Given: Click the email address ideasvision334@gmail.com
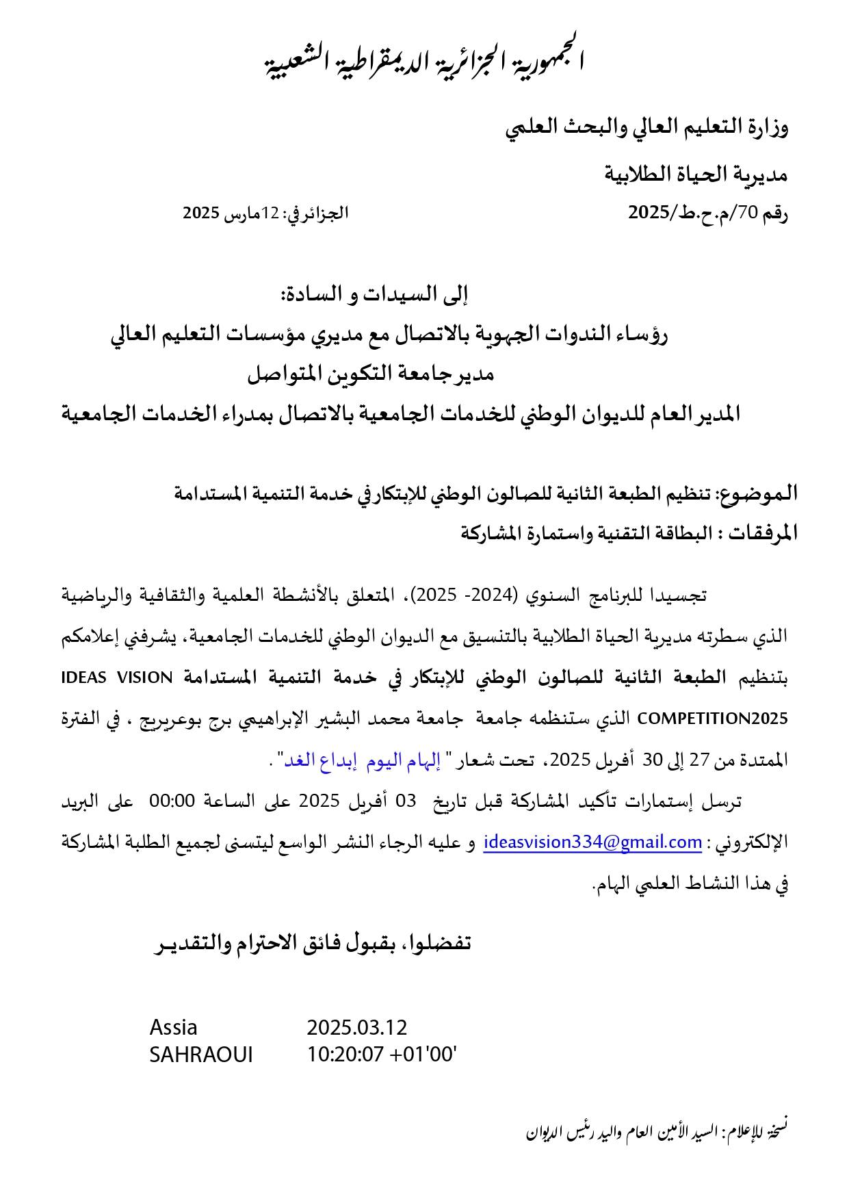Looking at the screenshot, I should [592, 842].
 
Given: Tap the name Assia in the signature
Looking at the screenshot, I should [174, 1027].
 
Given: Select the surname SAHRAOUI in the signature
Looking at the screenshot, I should [201, 1055].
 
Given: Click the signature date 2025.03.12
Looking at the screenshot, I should [356, 1027].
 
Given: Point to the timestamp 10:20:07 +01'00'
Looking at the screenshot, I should [382, 1055].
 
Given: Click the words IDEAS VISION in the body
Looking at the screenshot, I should [117, 677].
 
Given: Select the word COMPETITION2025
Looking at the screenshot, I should [712, 719].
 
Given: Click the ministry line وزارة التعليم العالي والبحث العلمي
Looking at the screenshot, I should [646, 128].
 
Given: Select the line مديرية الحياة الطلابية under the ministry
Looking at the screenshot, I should [696, 175].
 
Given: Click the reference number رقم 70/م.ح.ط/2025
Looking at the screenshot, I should [708, 213].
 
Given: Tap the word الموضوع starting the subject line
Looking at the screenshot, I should [760, 493].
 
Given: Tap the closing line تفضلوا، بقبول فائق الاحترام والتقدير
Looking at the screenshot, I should [311, 944].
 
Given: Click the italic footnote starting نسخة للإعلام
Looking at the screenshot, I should [657, 1131].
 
